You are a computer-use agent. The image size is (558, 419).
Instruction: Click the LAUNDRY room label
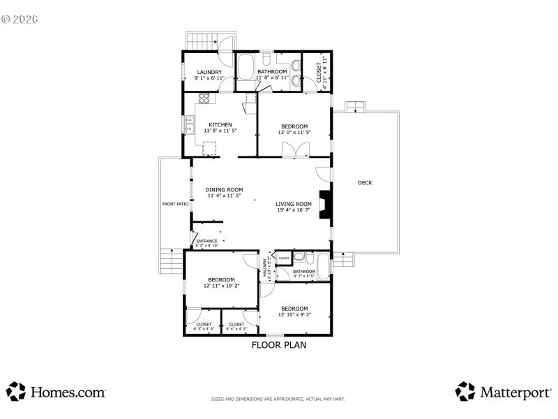tap(209, 73)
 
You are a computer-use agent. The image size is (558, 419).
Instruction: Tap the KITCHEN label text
tap(220, 125)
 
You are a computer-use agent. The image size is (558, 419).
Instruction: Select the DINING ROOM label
tap(224, 190)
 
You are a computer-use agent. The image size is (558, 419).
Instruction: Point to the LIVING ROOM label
tap(294, 204)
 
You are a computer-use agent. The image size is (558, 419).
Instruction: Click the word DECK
tap(365, 183)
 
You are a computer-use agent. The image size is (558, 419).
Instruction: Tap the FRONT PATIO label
tap(175, 204)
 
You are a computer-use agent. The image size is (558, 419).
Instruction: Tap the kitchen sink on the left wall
tap(190, 124)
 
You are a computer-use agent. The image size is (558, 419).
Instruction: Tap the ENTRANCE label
tap(206, 242)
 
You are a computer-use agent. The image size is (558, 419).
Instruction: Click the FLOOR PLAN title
tap(278, 344)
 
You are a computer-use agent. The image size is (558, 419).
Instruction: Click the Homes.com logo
tap(56, 392)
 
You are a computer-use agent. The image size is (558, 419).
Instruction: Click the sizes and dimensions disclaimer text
tap(278, 399)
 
